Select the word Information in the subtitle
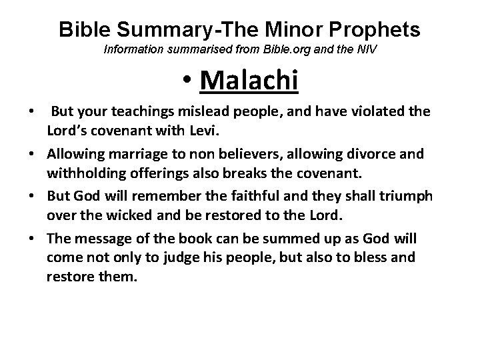click(x=130, y=51)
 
